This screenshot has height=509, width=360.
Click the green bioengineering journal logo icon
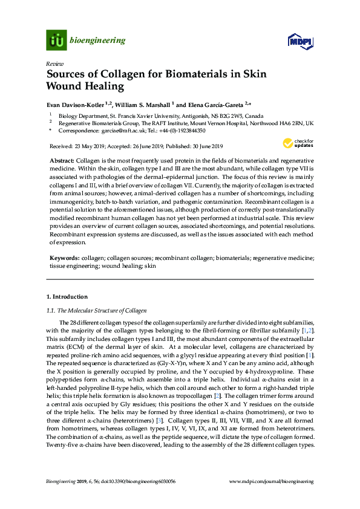tap(56, 41)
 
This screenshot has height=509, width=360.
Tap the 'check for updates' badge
tap(295, 143)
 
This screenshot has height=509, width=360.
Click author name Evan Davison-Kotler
tap(79, 105)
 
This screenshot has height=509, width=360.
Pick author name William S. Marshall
tap(143, 105)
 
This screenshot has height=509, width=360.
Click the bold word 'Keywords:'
tap(64, 258)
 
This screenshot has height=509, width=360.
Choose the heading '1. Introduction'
tap(67, 297)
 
